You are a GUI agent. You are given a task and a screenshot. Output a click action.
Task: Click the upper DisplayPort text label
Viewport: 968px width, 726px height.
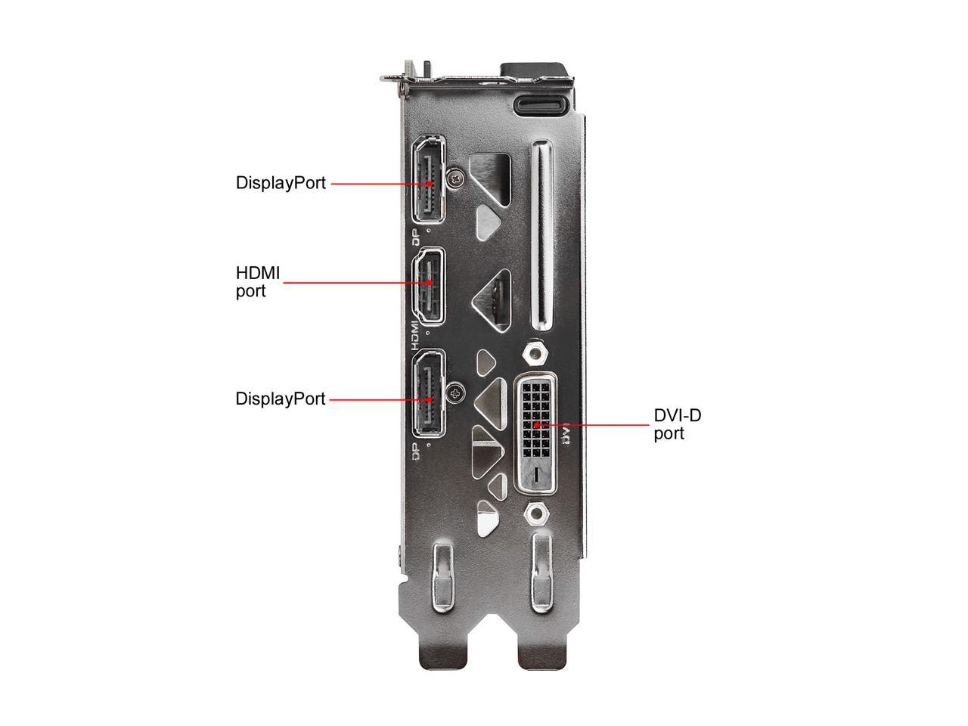[281, 183]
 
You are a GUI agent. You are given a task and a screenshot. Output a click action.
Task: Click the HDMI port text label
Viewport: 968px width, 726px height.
[258, 282]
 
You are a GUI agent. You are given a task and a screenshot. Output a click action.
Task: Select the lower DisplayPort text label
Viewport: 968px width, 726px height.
[280, 399]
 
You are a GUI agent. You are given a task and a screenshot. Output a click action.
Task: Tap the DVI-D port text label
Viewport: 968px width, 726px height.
[677, 424]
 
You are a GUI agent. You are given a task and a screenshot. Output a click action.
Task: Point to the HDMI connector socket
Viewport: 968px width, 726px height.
[428, 286]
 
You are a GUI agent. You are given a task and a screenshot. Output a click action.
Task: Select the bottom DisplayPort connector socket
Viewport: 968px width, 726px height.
[429, 393]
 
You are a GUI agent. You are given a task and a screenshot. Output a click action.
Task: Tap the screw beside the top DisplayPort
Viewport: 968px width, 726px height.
[456, 178]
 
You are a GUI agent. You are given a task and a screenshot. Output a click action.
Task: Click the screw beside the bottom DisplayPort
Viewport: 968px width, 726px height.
[455, 392]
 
